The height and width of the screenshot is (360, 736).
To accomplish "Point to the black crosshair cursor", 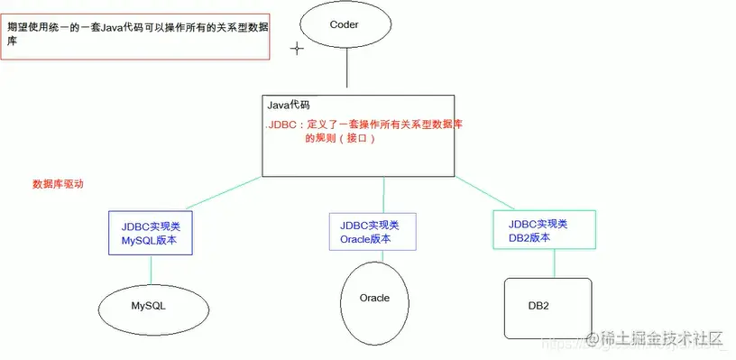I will (296, 49).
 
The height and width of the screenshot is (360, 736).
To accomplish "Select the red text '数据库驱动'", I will (58, 183).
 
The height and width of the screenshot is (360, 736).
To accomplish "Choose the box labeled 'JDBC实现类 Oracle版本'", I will (372, 233).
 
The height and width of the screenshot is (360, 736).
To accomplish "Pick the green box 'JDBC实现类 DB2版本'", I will (544, 230).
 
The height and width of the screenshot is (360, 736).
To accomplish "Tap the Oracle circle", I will (374, 299).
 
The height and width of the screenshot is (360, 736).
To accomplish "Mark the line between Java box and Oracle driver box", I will (384, 196).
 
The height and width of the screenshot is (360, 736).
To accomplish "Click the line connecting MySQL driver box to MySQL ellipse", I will (151, 270).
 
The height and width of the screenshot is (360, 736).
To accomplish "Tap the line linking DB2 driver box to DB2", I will (547, 264).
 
